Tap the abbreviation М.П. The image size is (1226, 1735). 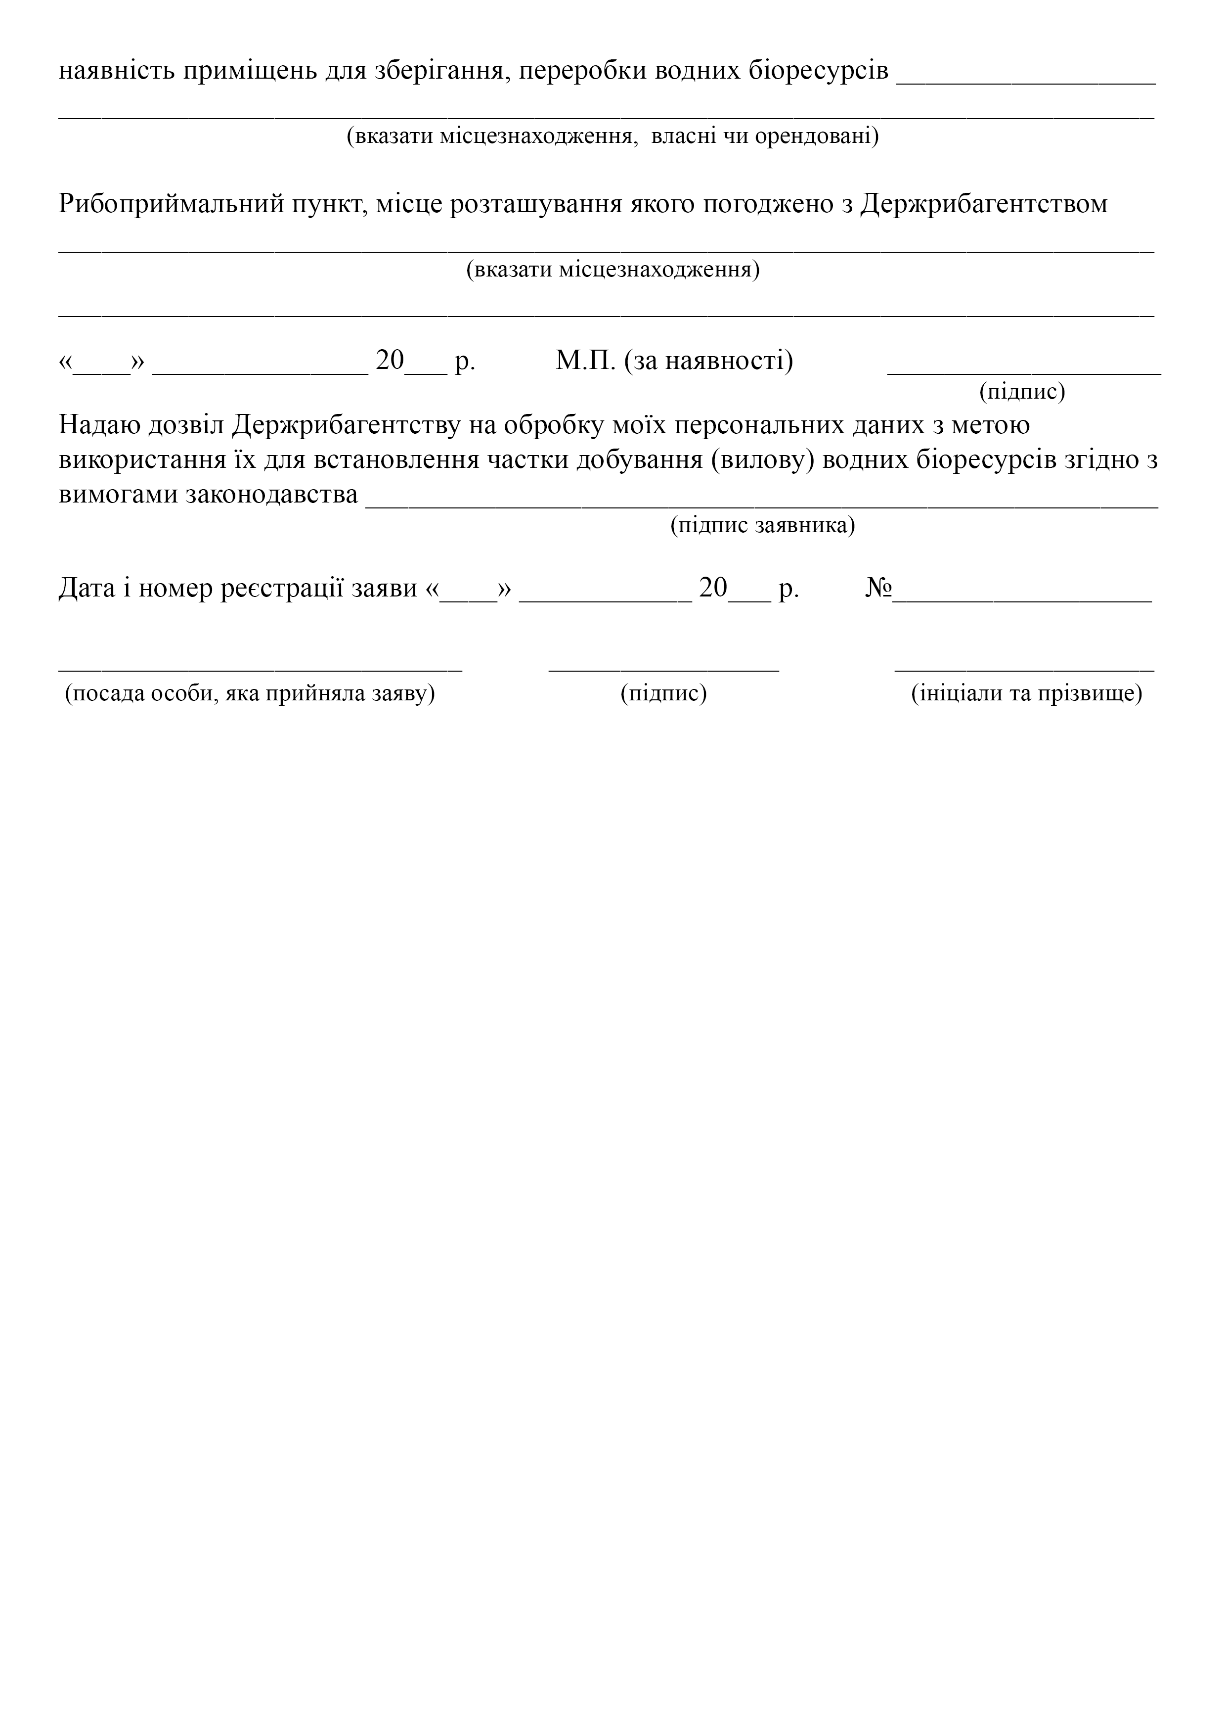point(586,361)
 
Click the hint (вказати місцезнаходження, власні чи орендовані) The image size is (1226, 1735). point(612,137)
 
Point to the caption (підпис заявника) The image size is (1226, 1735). point(762,525)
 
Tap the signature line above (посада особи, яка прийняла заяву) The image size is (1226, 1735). point(261,668)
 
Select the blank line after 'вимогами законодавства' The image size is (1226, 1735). point(761,505)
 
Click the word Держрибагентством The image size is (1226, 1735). point(984,205)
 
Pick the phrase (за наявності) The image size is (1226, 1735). point(708,361)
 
